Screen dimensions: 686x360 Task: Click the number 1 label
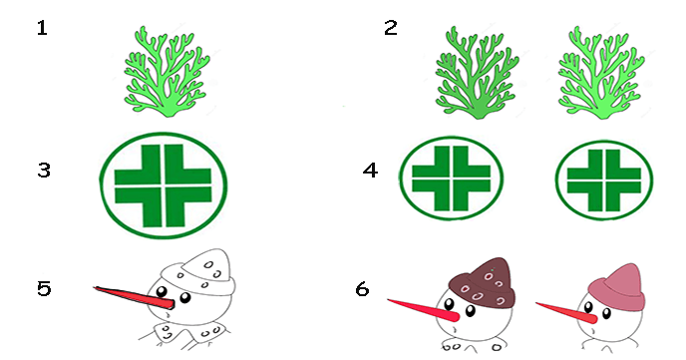coord(42,29)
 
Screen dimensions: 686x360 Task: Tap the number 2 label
coord(391,28)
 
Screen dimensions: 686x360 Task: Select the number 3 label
coord(44,171)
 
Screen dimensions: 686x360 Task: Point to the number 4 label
coord(370,171)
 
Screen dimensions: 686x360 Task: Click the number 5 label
coord(44,289)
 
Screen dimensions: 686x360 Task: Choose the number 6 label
coord(362,289)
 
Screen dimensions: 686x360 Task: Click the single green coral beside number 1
coord(167,72)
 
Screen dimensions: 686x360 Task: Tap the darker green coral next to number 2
coord(477,73)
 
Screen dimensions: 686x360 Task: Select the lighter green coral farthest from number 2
coord(601,73)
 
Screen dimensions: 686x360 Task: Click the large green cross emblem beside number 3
coord(164,185)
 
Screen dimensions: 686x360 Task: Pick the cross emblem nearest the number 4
coord(451,179)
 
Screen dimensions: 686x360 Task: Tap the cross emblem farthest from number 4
coord(604,180)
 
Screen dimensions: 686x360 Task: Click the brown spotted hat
coord(483,283)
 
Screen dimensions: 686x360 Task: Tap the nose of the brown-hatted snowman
coord(423,310)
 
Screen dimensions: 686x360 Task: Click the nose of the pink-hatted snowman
coord(566,312)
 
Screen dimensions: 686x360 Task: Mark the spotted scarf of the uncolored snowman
coord(185,335)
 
